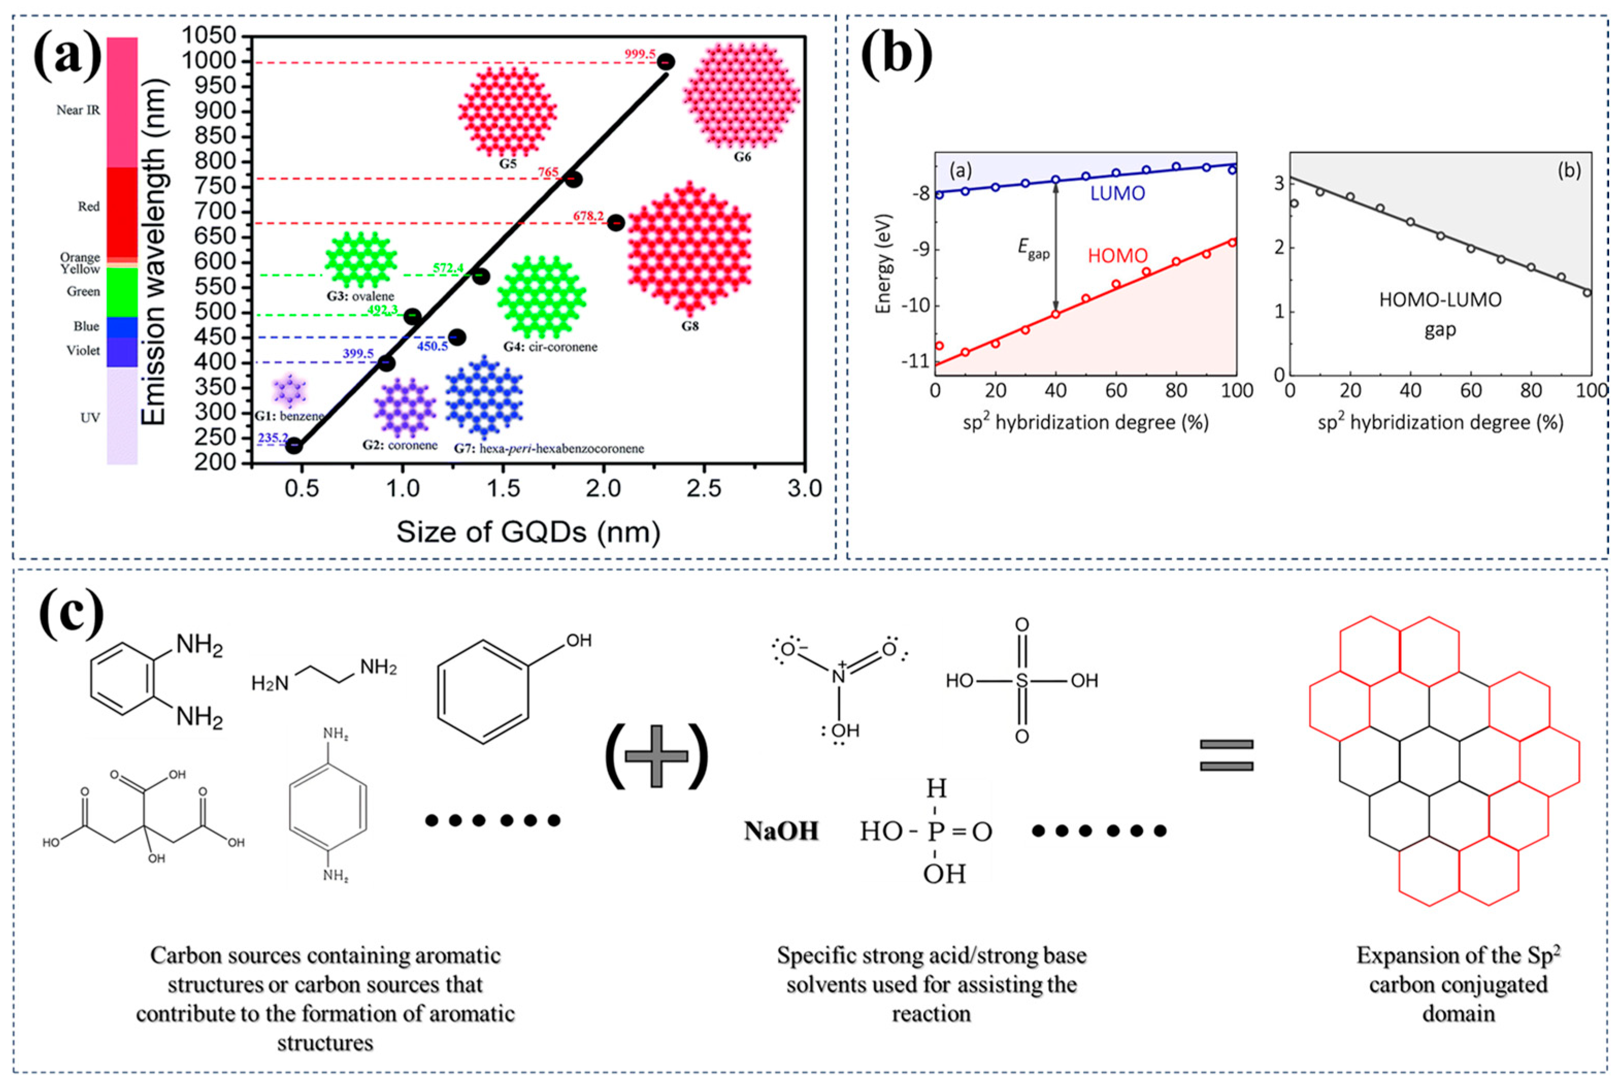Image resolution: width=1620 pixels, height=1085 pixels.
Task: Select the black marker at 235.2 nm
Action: click(294, 446)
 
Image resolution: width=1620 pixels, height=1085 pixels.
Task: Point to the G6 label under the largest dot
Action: click(742, 157)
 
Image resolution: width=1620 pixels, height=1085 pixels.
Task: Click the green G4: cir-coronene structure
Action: click(541, 298)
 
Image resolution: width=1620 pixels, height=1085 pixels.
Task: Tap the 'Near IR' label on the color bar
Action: click(78, 110)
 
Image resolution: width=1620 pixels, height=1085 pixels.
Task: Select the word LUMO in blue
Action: click(1117, 194)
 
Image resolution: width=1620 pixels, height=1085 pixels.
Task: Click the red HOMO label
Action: click(1117, 256)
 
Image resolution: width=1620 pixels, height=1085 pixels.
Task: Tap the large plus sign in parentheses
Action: click(656, 757)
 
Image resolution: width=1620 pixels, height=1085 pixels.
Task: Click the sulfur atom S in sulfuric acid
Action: click(1022, 681)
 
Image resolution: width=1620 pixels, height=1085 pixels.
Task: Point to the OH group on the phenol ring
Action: click(578, 640)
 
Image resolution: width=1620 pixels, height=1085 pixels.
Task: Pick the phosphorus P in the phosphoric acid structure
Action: click(936, 831)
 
